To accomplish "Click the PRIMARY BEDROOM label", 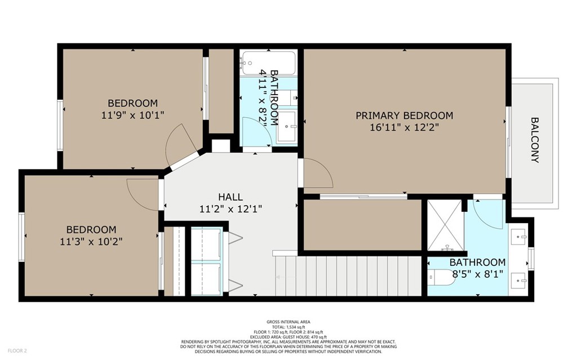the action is tap(404, 115).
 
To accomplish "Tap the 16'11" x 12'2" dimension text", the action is tap(404, 128).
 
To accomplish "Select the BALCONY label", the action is tap(535, 140).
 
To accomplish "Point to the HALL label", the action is tap(230, 197).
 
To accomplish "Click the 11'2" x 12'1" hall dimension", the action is tap(230, 209).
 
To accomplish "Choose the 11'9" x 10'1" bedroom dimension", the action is tap(132, 115).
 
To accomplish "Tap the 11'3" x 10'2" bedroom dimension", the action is tap(91, 242).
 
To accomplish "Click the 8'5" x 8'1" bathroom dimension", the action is tap(477, 274).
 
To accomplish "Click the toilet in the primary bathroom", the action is tap(442, 277).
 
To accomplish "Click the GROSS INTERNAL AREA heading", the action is tap(288, 322).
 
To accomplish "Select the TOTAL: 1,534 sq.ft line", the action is tap(288, 327).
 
